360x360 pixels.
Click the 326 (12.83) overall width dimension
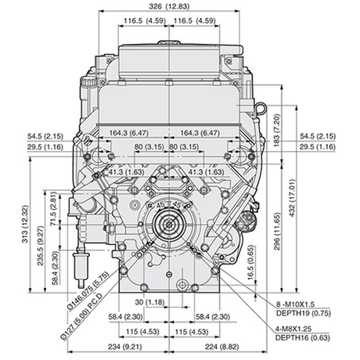coord(169,6)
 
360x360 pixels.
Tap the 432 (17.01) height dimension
coord(293,198)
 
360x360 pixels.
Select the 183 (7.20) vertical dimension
coord(277,130)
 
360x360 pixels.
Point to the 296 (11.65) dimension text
coord(277,232)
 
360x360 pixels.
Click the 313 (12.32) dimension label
coord(25,224)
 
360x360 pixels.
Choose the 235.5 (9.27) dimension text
coord(41,246)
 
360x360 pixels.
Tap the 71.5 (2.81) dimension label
coord(53,209)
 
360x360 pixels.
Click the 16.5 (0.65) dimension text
coord(250,262)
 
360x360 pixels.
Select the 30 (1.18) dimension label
coord(149,302)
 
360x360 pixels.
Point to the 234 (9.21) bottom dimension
coord(125,347)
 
